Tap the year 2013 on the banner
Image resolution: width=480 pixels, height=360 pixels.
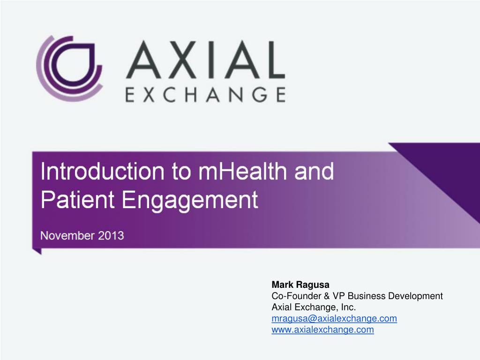tap(111, 235)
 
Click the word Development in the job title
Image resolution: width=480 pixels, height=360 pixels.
tap(416, 296)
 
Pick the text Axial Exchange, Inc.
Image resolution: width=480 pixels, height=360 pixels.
tap(314, 307)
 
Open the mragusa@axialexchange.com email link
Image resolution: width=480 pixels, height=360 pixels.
tap(334, 318)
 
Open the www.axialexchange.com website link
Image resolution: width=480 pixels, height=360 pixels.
tap(323, 330)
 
